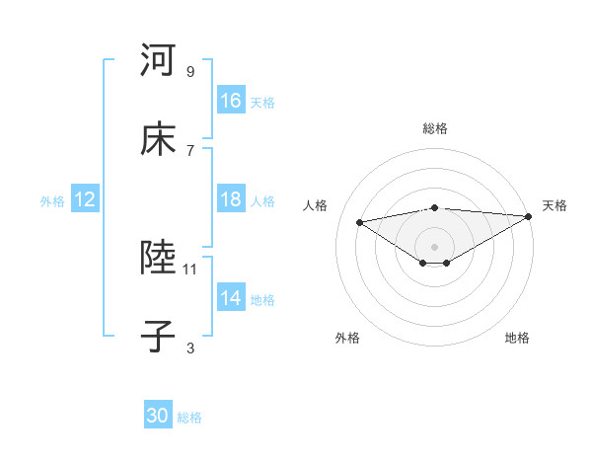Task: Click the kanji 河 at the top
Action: [x=158, y=60]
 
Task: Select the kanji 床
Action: [x=158, y=139]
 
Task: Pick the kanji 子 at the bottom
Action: [x=158, y=336]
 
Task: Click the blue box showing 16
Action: [x=231, y=101]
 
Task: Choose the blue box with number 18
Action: [x=231, y=199]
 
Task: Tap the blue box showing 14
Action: [x=231, y=298]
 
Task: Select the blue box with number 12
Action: [x=85, y=199]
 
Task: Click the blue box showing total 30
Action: [x=158, y=416]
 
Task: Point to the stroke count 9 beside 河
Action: [x=190, y=72]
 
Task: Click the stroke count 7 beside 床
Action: [x=190, y=150]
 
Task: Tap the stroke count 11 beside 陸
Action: [x=190, y=269]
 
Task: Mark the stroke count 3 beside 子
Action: [x=190, y=348]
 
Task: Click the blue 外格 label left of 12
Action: [x=52, y=200]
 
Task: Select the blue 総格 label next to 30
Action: [x=190, y=417]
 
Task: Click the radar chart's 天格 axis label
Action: [x=555, y=205]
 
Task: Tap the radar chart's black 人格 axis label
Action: [x=316, y=205]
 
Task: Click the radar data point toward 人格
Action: [x=360, y=221]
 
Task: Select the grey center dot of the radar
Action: [x=435, y=246]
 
